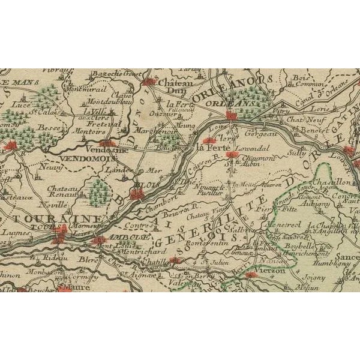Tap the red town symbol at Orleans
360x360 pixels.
tap(230, 115)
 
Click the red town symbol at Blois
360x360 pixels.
tap(137, 194)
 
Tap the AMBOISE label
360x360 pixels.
tap(104, 236)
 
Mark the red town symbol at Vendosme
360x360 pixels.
tap(107, 143)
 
